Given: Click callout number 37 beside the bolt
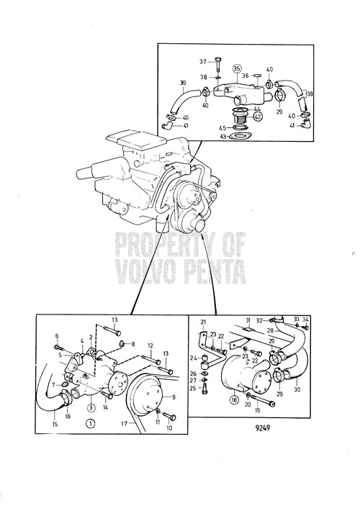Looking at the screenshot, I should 203,61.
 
